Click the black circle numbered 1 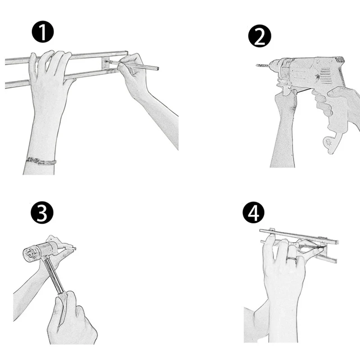tap(43, 32)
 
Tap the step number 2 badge tap(260, 36)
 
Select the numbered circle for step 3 tap(42, 212)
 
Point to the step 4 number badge tap(254, 213)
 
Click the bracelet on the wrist tap(41, 161)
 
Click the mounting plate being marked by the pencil tap(106, 63)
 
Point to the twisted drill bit tap(263, 65)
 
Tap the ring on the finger tap(292, 259)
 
